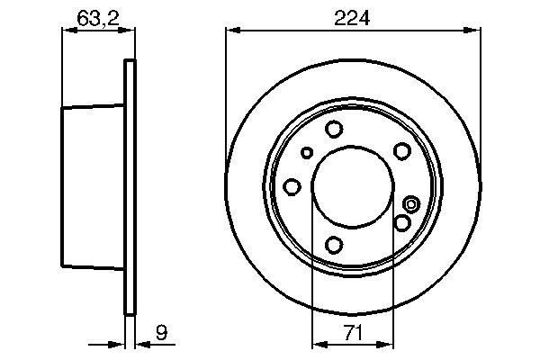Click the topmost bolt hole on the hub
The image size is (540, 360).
click(x=334, y=129)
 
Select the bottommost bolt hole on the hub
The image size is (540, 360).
click(x=335, y=244)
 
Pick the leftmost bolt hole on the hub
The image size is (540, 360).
click(x=292, y=186)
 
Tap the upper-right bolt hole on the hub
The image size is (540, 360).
click(x=402, y=150)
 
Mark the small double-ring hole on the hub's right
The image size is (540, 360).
click(x=411, y=203)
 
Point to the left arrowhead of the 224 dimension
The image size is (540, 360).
click(x=230, y=31)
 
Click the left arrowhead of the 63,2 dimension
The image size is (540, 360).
click(x=66, y=31)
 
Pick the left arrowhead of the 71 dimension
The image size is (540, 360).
click(x=316, y=343)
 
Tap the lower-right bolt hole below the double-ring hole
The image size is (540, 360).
click(x=402, y=222)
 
